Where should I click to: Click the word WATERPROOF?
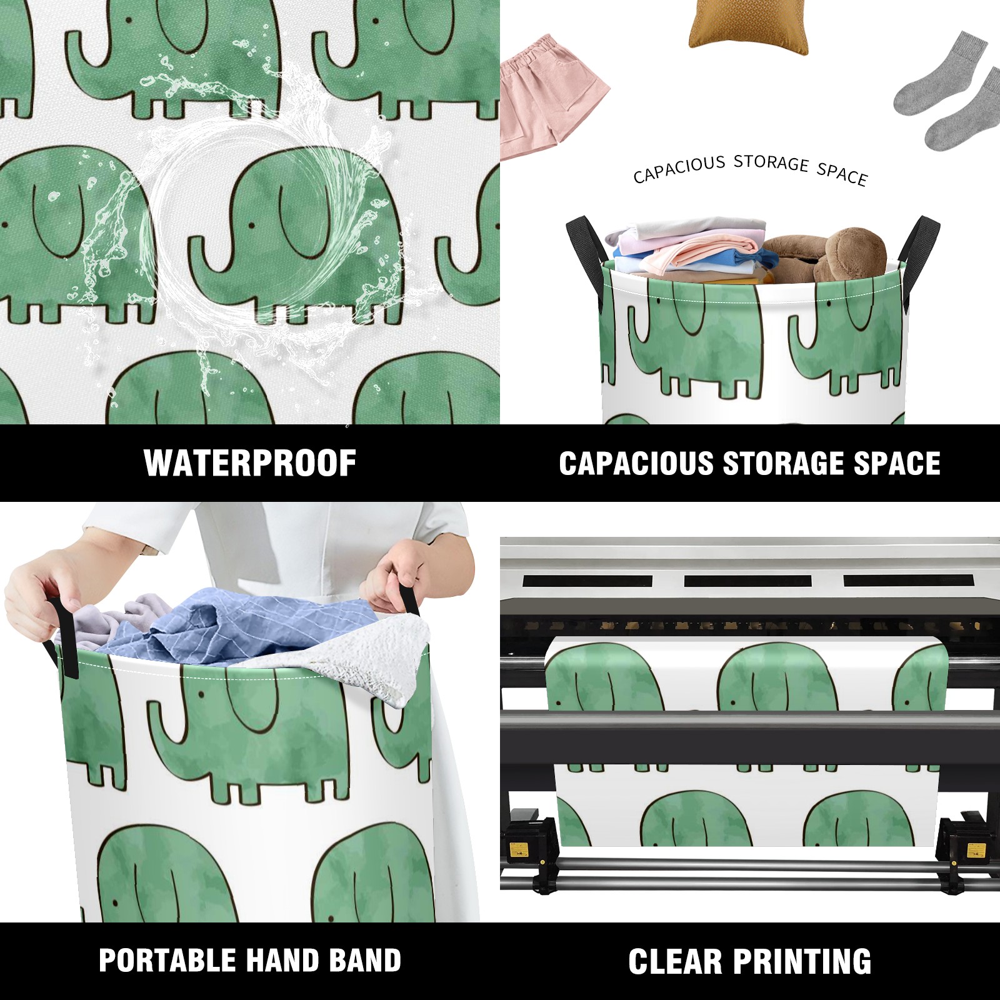click(x=250, y=463)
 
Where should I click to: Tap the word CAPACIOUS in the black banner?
click(x=636, y=464)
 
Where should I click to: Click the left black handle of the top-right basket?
click(x=587, y=256)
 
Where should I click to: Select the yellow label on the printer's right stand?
click(x=976, y=850)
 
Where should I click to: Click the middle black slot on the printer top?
click(x=747, y=581)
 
